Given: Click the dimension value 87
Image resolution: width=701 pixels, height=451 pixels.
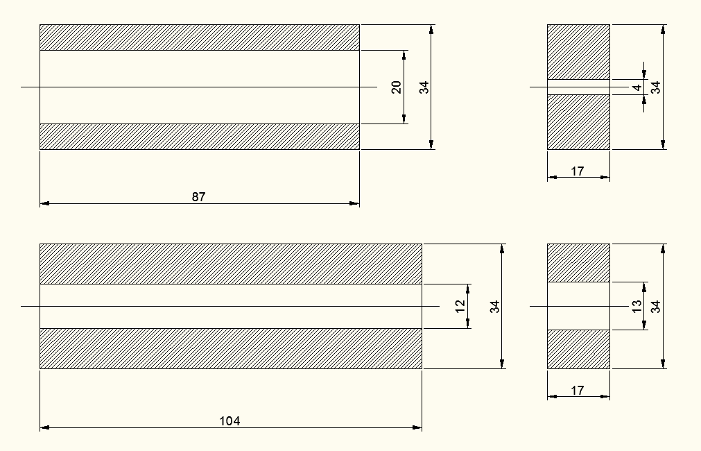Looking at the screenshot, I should tap(199, 197).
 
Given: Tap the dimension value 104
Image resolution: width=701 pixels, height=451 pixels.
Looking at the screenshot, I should tap(230, 421).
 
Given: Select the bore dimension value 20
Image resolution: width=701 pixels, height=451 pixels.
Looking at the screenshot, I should tap(397, 87).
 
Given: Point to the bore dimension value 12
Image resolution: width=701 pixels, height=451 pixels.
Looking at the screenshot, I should tap(460, 306).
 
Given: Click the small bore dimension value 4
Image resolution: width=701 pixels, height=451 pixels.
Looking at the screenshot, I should tap(637, 87).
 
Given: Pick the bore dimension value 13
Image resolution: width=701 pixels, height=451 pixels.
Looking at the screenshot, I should tap(637, 306).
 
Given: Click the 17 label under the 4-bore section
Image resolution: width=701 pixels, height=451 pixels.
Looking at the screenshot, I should tap(578, 171).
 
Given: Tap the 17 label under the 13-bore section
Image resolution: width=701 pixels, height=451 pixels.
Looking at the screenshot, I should tap(578, 391).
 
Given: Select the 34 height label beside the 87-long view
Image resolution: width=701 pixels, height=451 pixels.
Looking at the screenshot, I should tap(424, 87).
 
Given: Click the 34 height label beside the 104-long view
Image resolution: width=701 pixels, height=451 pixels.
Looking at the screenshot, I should tap(495, 306).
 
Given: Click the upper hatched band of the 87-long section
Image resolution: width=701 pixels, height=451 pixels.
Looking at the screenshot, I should tap(199, 37).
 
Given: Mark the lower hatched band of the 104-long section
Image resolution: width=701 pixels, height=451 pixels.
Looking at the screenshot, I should tap(230, 348).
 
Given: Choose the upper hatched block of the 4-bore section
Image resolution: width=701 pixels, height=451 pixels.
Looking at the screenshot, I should tap(578, 52).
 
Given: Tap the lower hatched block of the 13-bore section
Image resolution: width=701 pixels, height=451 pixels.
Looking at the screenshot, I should tap(578, 348).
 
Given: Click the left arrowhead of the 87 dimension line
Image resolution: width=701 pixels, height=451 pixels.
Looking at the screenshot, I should tap(44, 204).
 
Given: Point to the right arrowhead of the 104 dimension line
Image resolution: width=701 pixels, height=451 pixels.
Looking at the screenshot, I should tap(417, 428).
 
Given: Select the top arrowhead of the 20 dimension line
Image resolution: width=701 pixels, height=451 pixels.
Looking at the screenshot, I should tap(404, 54).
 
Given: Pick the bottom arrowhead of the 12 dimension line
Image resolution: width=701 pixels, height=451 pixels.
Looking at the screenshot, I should tap(469, 324).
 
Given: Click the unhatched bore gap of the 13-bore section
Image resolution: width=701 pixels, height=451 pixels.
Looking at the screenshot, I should tap(578, 306).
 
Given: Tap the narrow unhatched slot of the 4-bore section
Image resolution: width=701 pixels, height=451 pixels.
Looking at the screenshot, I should tap(578, 87).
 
